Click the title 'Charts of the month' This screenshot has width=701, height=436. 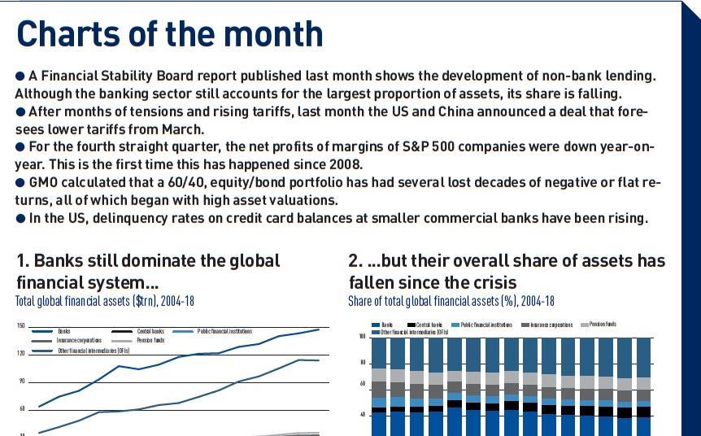[x=169, y=33]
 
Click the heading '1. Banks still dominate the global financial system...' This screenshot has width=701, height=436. [x=148, y=271]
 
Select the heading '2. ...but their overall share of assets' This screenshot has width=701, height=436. [x=506, y=271]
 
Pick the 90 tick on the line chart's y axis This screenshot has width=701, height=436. [x=21, y=381]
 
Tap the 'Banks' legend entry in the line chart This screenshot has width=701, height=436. [x=63, y=331]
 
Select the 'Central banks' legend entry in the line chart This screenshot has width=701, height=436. [x=150, y=331]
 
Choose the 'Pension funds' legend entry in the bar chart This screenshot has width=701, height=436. [x=603, y=324]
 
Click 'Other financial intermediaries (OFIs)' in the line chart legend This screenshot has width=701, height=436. [x=94, y=351]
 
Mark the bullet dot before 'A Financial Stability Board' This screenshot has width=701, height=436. [x=20, y=76]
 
